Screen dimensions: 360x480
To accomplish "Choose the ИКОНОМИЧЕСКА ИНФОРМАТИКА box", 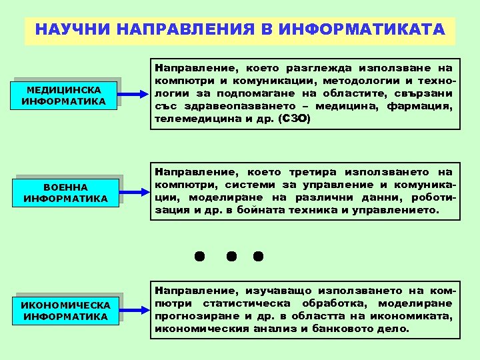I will pyautogui.click(x=65, y=310).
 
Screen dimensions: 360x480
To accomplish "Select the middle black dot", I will pyautogui.click(x=230, y=255).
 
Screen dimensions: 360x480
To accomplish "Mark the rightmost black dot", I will pyautogui.click(x=259, y=255).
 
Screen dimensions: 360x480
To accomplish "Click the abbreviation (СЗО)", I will pyautogui.click(x=294, y=119).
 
